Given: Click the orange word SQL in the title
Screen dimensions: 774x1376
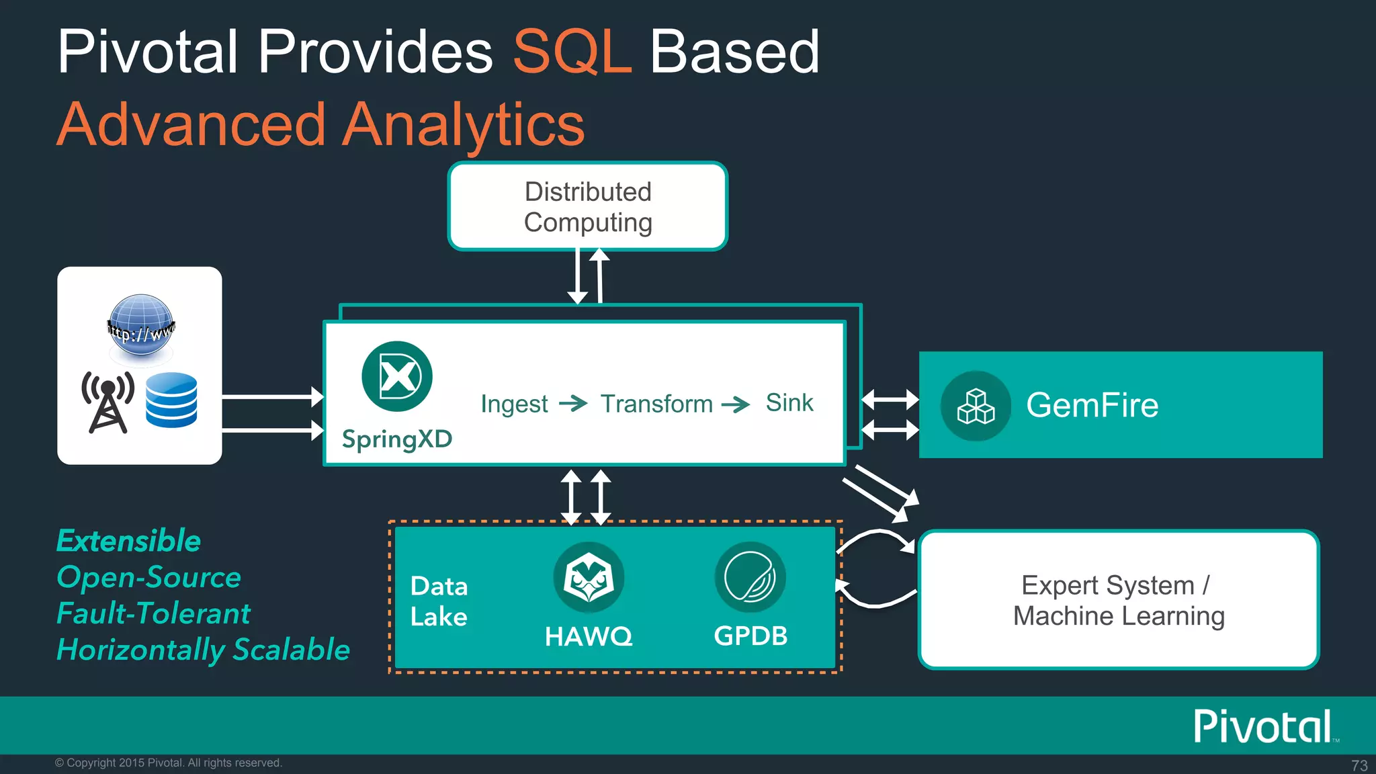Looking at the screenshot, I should coord(572,52).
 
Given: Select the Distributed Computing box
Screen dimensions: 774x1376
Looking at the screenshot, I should coord(588,206).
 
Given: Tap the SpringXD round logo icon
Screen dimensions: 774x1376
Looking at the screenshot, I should coord(397,376).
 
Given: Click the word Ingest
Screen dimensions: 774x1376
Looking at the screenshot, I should coord(514,404).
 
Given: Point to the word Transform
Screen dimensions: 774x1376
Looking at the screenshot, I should coord(656,404).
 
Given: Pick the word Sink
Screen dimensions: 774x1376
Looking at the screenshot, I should coord(789,402).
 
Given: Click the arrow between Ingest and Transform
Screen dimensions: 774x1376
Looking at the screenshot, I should coord(573,404).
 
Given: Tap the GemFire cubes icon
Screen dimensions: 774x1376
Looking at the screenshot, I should coord(976,406).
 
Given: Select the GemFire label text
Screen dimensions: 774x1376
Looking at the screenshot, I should coord(1092,405).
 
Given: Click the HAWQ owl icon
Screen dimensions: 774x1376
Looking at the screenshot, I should coord(589,577).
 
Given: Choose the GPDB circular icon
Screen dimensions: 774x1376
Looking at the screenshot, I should coord(750,577).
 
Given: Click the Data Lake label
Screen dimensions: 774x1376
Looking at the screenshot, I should coord(439,601).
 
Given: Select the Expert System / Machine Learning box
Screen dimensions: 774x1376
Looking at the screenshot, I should coord(1119,600).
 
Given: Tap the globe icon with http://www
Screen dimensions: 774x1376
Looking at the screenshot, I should coord(141,327).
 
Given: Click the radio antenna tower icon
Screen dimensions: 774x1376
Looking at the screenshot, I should coord(107,401).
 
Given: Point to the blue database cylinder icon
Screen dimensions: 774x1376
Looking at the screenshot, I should coord(171,400).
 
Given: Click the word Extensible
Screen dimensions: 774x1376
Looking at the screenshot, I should coord(128,541).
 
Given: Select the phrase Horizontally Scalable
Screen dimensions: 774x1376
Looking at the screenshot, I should coord(203,650).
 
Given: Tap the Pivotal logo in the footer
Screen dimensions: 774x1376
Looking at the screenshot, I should coord(1262,726).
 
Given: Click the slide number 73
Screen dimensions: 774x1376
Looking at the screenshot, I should coord(1359,765).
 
